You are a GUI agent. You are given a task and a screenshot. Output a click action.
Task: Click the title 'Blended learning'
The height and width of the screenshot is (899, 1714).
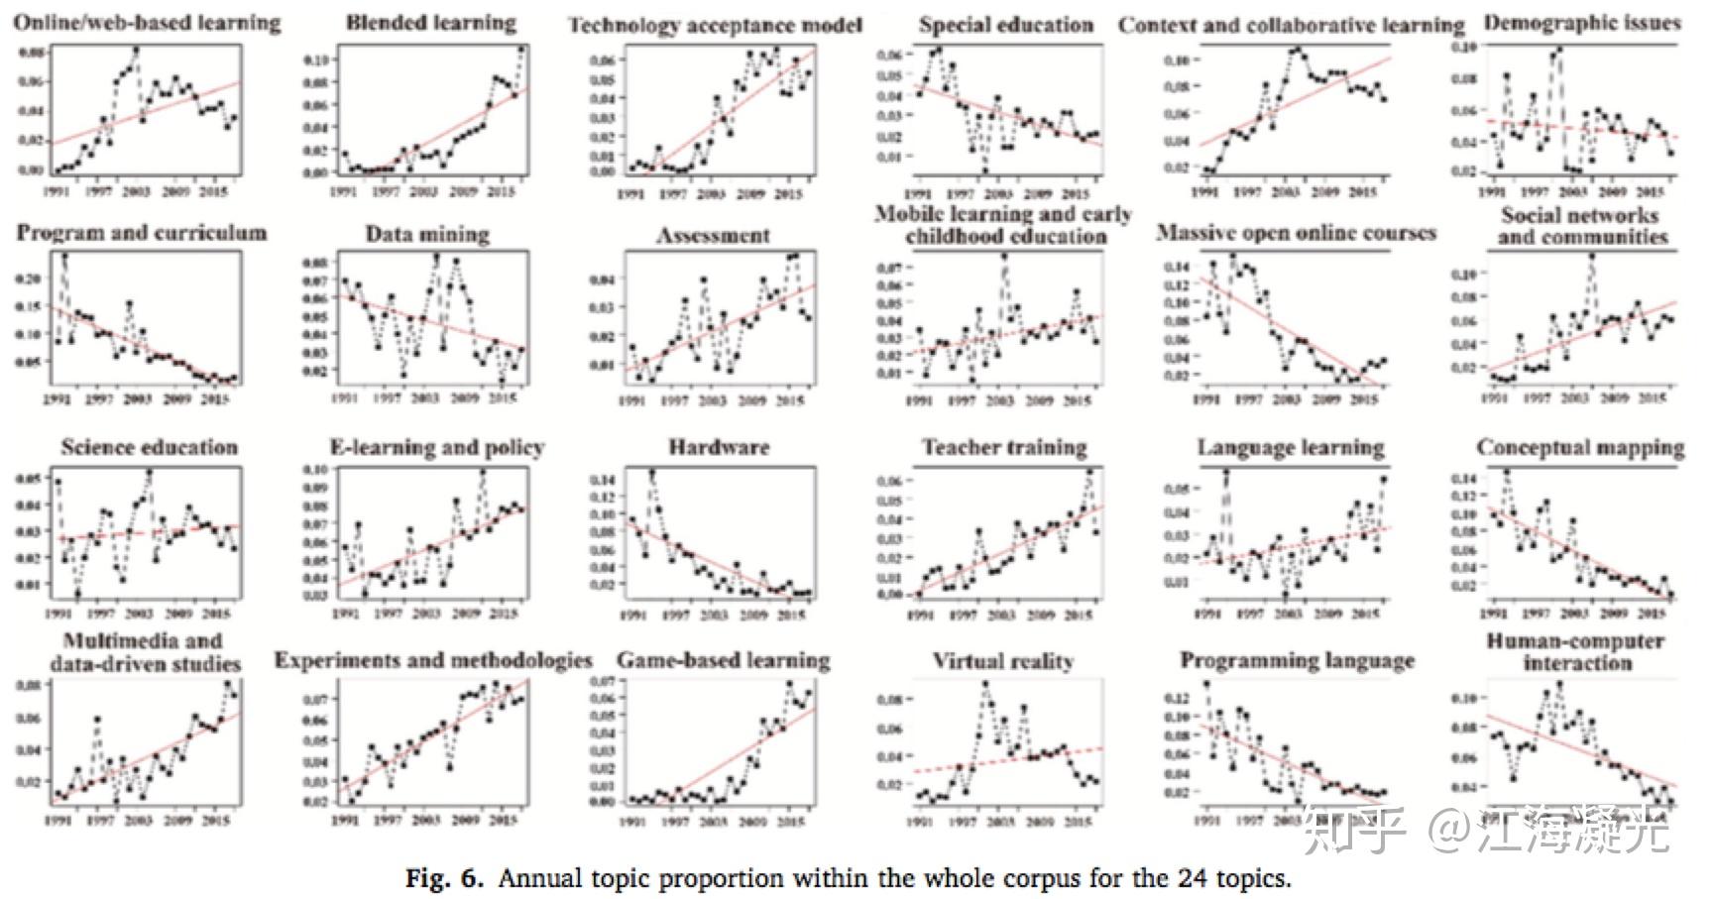(431, 23)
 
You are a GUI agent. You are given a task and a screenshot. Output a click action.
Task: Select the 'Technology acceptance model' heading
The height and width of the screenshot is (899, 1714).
(715, 26)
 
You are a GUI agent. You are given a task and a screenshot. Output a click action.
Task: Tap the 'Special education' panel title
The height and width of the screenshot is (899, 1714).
(1005, 26)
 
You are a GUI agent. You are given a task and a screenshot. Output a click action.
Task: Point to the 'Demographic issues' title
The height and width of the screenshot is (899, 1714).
(1582, 23)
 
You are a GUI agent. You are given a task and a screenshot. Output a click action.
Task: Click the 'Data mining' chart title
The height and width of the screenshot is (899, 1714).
(427, 235)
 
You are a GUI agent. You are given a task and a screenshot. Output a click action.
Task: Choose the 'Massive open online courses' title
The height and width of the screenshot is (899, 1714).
(1296, 234)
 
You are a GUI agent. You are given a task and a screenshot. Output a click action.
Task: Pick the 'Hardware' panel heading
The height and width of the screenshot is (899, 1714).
(719, 447)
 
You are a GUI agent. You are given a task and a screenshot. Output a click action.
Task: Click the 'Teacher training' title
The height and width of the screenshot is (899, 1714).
(1004, 448)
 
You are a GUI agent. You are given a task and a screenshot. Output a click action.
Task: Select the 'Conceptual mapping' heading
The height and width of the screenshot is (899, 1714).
(1580, 448)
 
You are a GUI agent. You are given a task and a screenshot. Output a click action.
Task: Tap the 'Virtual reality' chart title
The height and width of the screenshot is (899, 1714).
(1002, 661)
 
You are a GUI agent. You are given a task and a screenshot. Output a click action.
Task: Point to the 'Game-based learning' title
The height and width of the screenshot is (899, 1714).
(724, 661)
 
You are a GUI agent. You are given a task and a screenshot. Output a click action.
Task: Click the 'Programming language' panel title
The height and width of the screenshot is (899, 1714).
(1297, 661)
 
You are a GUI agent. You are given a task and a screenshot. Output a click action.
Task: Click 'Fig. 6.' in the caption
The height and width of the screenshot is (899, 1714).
(444, 878)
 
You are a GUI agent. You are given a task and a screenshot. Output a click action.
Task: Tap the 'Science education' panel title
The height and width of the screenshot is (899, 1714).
(150, 448)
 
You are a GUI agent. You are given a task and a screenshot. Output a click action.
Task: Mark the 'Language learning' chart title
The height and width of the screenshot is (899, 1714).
(1291, 448)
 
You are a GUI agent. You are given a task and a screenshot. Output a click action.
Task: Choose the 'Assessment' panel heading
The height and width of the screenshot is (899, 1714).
(714, 236)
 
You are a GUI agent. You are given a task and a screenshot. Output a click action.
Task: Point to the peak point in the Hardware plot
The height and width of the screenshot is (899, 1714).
(651, 474)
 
